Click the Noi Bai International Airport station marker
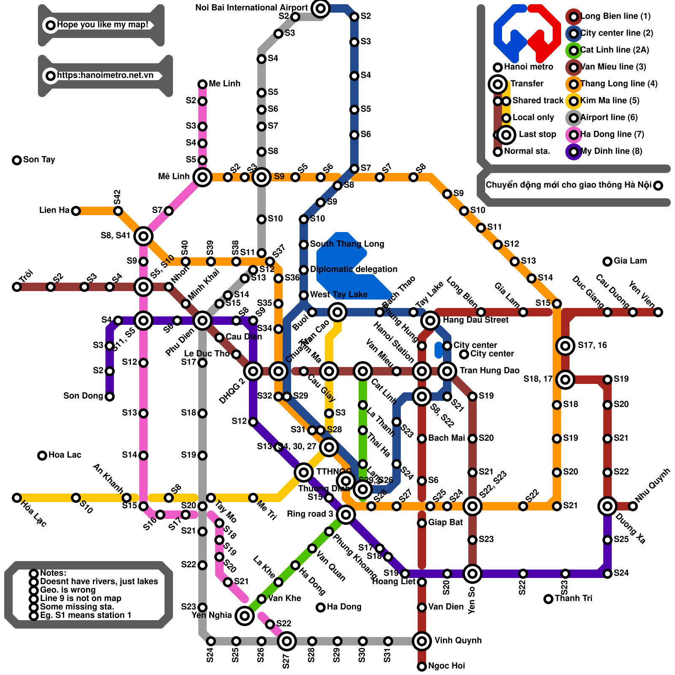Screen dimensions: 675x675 pyautogui.click(x=320, y=8)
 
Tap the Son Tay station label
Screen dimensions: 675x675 pyautogui.click(x=39, y=159)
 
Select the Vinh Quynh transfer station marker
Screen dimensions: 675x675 pyautogui.click(x=422, y=641)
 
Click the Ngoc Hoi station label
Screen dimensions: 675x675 pyautogui.click(x=446, y=666)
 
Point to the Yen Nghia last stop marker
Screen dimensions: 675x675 pyautogui.click(x=244, y=616)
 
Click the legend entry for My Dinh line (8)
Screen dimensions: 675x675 pyautogui.click(x=611, y=151)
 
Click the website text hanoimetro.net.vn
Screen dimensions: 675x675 pyautogui.click(x=105, y=76)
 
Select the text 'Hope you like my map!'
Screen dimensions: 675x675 pyautogui.click(x=103, y=25)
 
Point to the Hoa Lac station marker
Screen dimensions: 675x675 pyautogui.click(x=42, y=455)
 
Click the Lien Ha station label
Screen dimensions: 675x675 pyautogui.click(x=54, y=210)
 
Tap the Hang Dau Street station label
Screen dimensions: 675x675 pyautogui.click(x=475, y=320)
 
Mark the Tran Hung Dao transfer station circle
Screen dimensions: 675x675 pyautogui.click(x=447, y=371)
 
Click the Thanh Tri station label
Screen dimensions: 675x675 pyautogui.click(x=573, y=598)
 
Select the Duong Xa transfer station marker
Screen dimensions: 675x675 pyautogui.click(x=607, y=506)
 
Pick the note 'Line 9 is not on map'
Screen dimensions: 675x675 pyautogui.click(x=81, y=598)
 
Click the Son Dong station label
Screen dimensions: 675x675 pyautogui.click(x=83, y=396)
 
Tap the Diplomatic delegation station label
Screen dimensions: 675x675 pyautogui.click(x=354, y=269)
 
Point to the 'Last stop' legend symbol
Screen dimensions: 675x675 pyautogui.click(x=506, y=135)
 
